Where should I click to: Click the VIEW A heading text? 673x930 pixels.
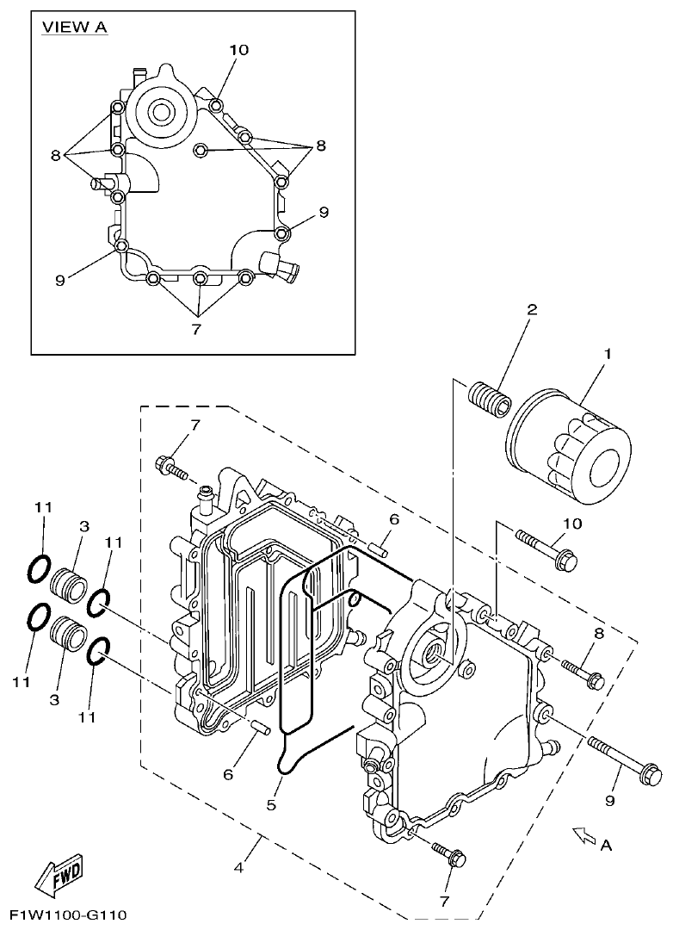pos(75,28)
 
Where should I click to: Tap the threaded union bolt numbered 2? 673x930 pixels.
pos(491,398)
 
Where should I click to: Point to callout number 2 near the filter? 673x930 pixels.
pos(532,309)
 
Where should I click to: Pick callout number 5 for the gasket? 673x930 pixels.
pos(270,805)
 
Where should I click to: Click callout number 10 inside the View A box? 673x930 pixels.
pos(238,50)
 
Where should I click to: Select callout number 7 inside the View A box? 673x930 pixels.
pos(196,329)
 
